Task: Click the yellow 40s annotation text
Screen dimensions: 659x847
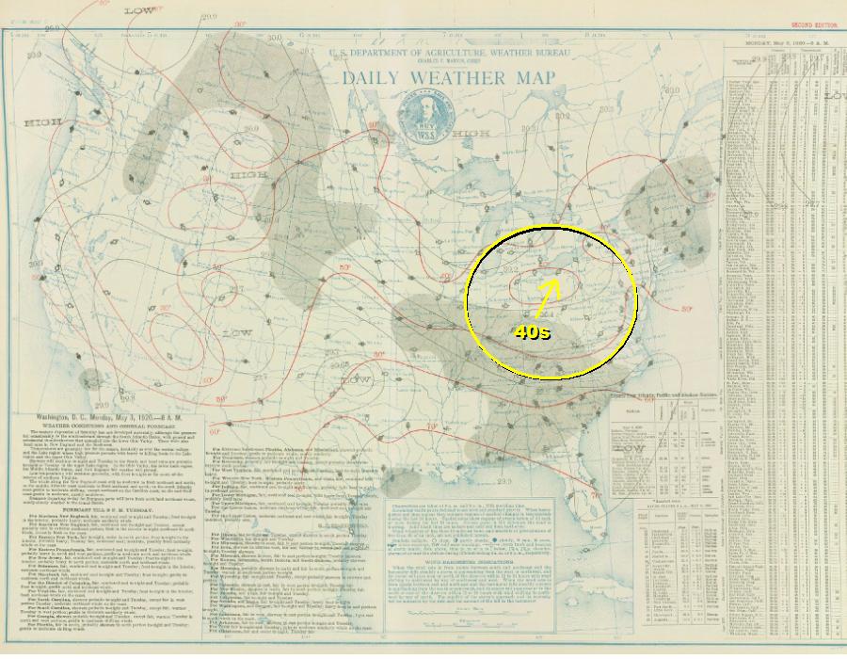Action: click(x=532, y=331)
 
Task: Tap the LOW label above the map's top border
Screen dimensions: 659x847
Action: click(x=140, y=11)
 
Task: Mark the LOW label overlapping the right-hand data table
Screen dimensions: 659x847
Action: click(x=833, y=96)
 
